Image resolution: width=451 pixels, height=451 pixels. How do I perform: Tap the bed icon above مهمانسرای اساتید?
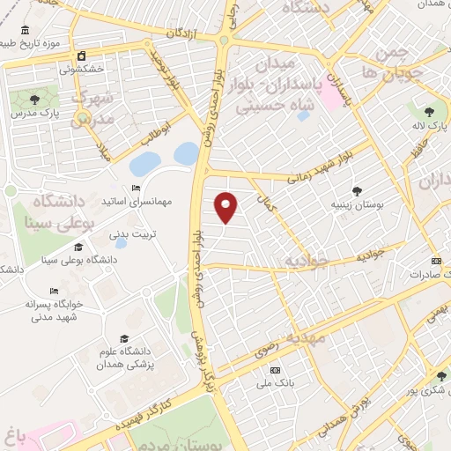pyautogui.click(x=135, y=189)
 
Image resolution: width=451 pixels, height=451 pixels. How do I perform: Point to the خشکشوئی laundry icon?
pyautogui.click(x=81, y=55)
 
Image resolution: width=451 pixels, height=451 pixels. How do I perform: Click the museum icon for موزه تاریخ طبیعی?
pyautogui.click(x=6, y=42)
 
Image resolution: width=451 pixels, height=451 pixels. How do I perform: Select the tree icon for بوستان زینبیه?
pyautogui.click(x=357, y=191)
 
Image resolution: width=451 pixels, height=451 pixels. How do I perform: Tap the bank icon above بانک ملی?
pyautogui.click(x=276, y=370)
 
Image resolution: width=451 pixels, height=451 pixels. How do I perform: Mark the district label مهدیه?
pyautogui.click(x=310, y=337)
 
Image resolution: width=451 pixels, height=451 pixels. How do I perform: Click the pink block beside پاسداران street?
pyautogui.click(x=333, y=93)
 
